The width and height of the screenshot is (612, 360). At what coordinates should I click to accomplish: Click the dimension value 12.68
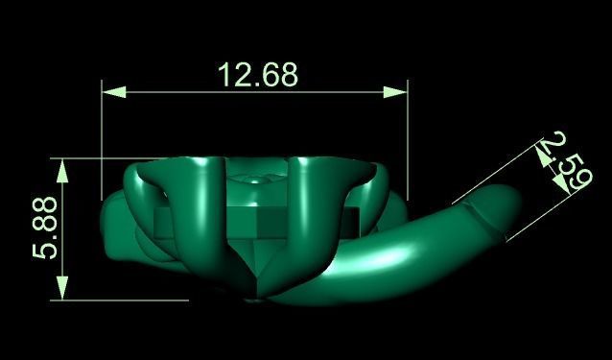(258, 74)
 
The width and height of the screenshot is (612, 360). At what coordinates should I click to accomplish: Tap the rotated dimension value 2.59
(562, 164)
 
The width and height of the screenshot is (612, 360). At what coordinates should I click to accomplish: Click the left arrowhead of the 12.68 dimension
(113, 92)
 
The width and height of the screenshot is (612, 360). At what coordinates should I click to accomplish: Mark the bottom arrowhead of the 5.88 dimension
(62, 287)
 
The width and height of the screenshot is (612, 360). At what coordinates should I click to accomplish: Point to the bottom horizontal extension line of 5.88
(125, 300)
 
